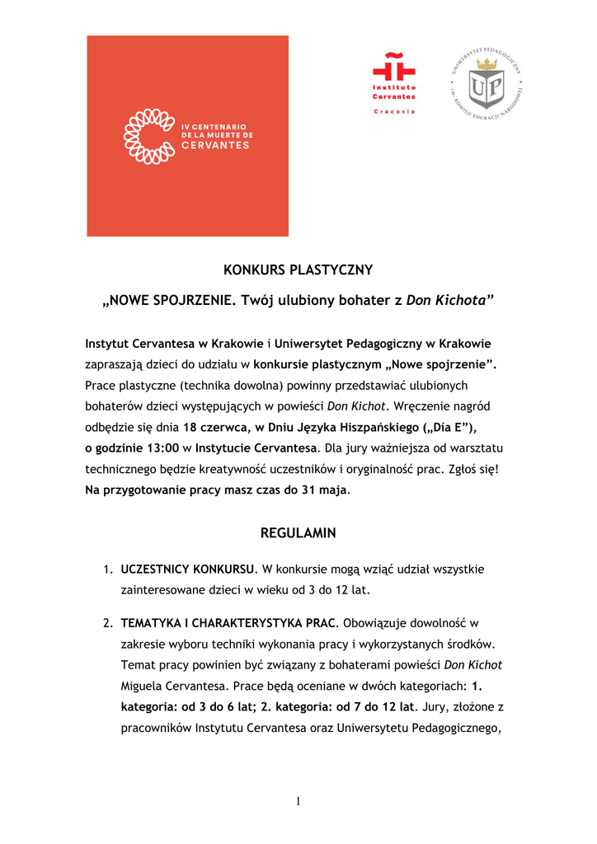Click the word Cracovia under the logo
point(394,111)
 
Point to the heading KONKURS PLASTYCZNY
point(298,270)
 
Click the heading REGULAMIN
point(298,533)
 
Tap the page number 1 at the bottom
point(298,803)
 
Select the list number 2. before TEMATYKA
point(108,622)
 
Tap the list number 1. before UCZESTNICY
point(108,570)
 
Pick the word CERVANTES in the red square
point(215,146)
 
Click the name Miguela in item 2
point(143,686)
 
